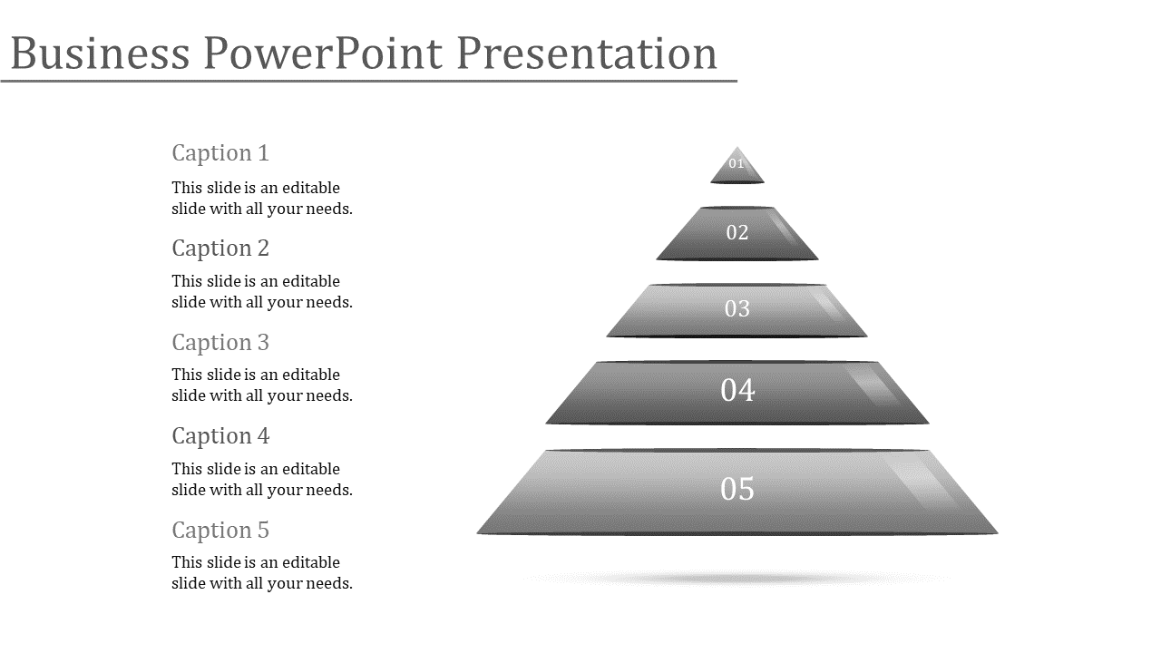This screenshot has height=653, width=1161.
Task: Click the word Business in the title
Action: pos(100,53)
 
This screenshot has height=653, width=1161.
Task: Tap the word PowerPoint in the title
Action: pos(324,53)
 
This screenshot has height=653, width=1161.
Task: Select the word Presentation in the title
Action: pos(587,53)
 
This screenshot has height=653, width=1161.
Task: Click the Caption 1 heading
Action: pos(220,153)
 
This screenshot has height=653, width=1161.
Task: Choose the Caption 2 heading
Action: pos(220,249)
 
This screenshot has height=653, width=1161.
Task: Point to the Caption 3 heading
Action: pos(220,343)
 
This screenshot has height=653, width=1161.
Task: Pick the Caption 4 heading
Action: pos(220,436)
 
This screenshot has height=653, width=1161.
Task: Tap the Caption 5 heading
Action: pos(220,531)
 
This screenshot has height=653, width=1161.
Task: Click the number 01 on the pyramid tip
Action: pos(736,164)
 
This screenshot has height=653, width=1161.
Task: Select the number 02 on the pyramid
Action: pos(737,233)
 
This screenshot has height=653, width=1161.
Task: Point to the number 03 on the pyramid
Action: pos(737,309)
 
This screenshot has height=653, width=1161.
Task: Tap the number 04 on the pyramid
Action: pos(737,390)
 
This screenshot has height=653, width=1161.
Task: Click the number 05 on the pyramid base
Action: pos(737,489)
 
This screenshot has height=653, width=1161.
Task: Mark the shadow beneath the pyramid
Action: pos(736,578)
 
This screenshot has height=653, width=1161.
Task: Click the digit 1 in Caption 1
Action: pos(263,153)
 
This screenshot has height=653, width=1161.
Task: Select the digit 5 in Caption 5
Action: pos(263,531)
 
